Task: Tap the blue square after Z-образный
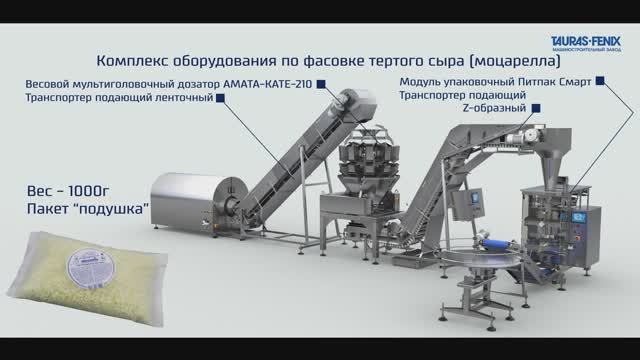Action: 537,107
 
